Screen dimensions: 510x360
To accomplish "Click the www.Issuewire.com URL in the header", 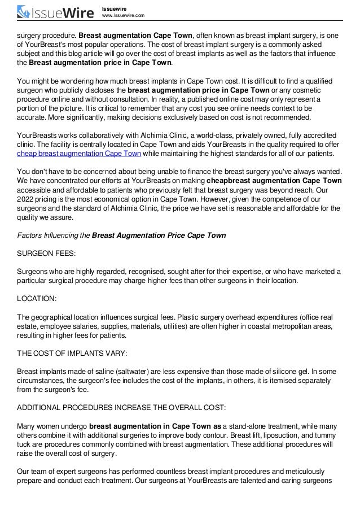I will coord(122,15).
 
